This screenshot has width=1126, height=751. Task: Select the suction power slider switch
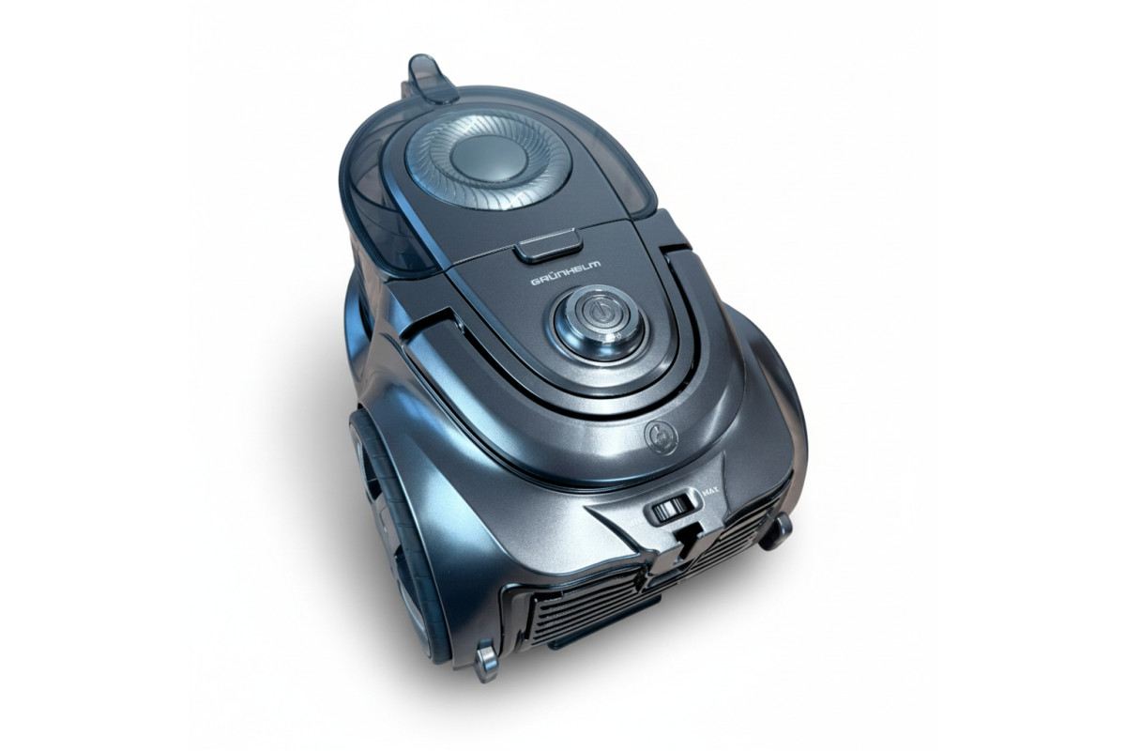point(672,510)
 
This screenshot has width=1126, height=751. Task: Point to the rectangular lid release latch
point(550,245)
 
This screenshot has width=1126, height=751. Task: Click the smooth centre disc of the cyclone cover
point(488,159)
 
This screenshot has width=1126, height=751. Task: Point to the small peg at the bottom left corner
point(486,661)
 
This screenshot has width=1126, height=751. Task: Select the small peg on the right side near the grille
point(775,531)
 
